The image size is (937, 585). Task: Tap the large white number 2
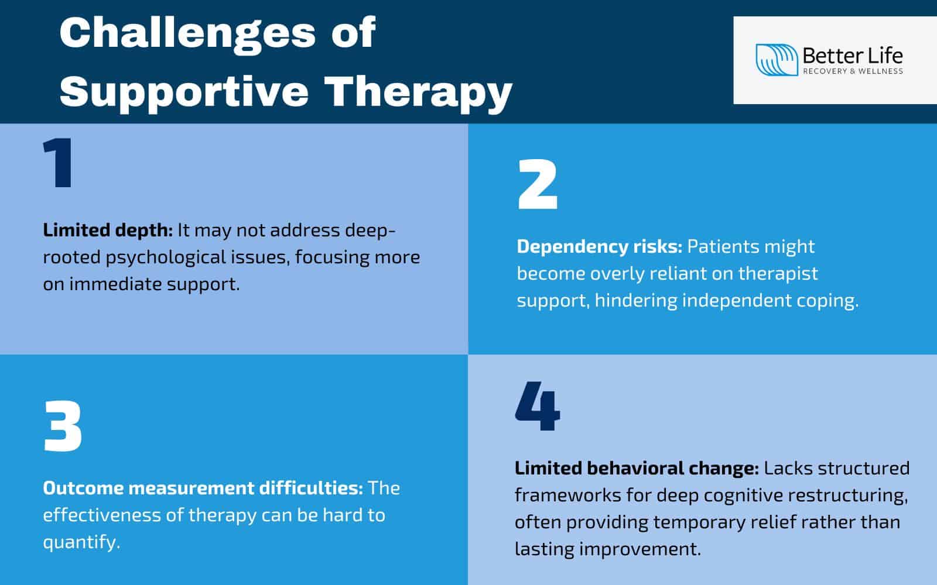pos(538,186)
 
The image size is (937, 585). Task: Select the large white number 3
pos(63,427)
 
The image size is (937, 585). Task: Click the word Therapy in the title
pos(418,91)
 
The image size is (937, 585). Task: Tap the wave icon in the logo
pos(777,60)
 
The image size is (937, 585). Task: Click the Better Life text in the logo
pos(852,56)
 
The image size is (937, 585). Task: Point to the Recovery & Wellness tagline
pos(852,71)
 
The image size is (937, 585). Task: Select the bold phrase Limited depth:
pos(107,230)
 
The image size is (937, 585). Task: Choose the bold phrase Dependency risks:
pos(599,246)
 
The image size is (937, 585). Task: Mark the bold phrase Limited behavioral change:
pos(637,468)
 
